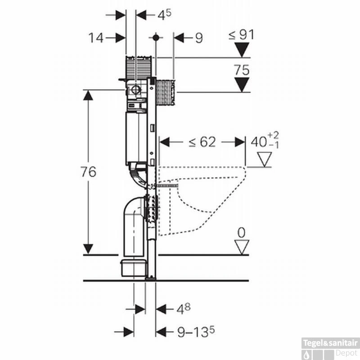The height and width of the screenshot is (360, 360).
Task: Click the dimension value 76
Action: coord(89,171)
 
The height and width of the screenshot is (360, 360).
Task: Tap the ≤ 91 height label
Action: coord(241,34)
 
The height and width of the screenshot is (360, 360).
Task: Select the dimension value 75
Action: coord(242,70)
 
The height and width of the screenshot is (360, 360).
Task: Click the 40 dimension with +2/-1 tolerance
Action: coord(265,141)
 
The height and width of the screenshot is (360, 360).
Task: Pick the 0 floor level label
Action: coord(242,233)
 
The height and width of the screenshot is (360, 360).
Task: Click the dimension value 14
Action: coord(95,38)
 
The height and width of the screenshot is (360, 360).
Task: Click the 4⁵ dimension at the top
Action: coord(164,14)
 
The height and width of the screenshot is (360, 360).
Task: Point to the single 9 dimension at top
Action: coord(198,38)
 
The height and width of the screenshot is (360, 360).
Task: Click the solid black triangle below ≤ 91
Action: coord(242,49)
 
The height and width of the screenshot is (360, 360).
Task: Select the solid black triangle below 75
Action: coord(242,84)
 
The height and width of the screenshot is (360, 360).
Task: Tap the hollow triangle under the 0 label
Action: coord(242,247)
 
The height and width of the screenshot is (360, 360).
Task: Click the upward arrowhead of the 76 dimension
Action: coord(88,95)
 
